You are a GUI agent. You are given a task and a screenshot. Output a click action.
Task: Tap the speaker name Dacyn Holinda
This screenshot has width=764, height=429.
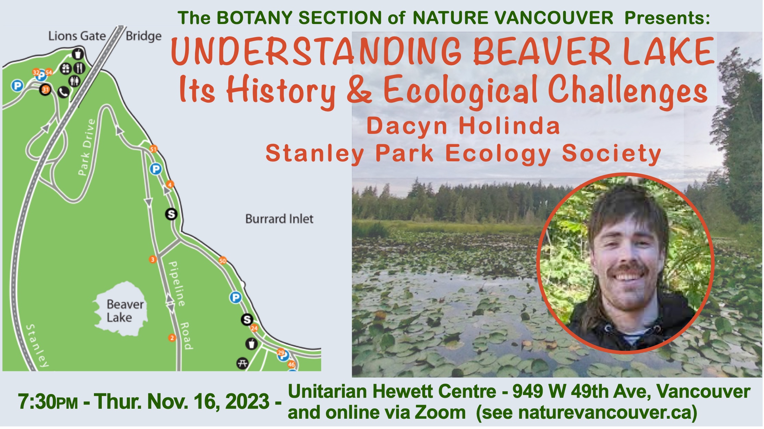[x=463, y=126]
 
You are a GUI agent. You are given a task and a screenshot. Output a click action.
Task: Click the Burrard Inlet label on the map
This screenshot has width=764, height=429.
[x=279, y=219]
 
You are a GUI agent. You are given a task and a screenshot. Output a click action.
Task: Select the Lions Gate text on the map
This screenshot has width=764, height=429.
[x=77, y=36]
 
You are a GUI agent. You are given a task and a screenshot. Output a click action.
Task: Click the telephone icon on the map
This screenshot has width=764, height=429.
[x=63, y=92]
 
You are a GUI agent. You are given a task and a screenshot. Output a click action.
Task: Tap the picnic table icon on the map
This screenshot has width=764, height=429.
[x=243, y=363]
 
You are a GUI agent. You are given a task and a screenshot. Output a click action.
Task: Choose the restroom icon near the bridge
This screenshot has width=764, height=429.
[x=75, y=81]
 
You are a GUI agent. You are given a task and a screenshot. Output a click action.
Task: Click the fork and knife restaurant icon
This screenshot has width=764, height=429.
[x=80, y=68]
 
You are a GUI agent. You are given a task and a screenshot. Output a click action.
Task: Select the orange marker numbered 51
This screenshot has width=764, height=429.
[x=153, y=149]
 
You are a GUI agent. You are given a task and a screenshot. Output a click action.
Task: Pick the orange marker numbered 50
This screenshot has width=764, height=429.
[x=223, y=261]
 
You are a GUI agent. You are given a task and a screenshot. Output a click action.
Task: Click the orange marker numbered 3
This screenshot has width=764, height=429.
[x=153, y=259]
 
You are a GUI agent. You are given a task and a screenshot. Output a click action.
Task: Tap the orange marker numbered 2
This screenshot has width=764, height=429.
[x=172, y=338]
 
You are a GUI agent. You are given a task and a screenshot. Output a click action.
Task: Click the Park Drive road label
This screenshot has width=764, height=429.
[x=86, y=147]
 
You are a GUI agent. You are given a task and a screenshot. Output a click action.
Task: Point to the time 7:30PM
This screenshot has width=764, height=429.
[x=48, y=402]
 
